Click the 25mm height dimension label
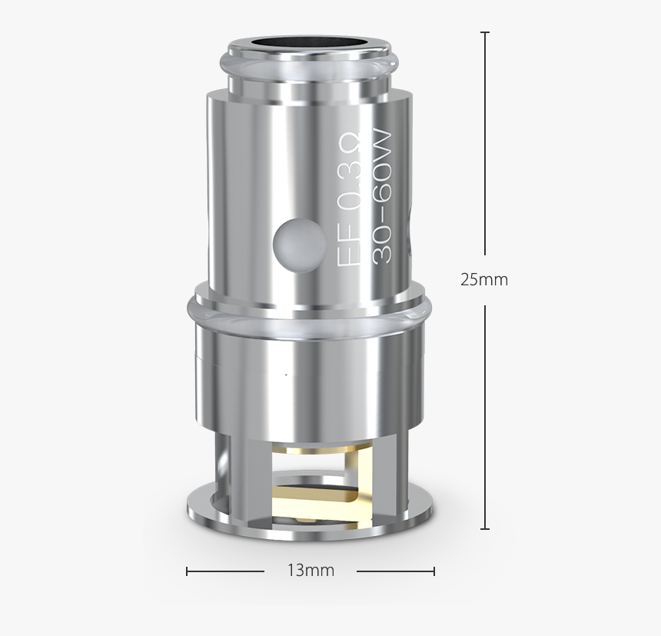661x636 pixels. point(484,280)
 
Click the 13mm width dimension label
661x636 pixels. point(311,571)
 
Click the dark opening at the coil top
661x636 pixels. point(311,41)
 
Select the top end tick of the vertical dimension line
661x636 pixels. point(484,33)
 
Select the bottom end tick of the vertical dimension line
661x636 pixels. point(484,529)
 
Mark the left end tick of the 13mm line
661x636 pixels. point(188,571)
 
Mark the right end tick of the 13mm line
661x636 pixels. point(434,571)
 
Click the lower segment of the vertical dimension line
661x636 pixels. point(484,415)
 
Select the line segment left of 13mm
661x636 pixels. point(226,571)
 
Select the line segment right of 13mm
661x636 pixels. point(395,571)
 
